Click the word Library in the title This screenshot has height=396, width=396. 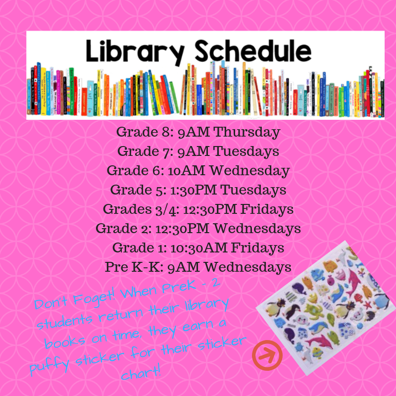(x=135, y=52)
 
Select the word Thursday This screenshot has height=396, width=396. (x=247, y=132)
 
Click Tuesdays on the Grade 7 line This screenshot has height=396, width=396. (x=246, y=151)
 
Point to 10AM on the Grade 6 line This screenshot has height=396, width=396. (x=187, y=171)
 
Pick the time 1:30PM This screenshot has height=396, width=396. (x=194, y=190)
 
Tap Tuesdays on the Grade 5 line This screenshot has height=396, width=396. (x=253, y=190)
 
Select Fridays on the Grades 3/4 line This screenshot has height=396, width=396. (x=267, y=209)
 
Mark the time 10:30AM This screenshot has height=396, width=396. (x=199, y=248)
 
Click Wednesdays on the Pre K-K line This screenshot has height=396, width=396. (x=248, y=267)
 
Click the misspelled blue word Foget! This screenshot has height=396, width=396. (x=94, y=297)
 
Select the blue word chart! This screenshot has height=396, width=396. (x=141, y=371)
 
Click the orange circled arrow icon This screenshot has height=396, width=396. (x=267, y=355)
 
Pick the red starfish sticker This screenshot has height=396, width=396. (x=367, y=304)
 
